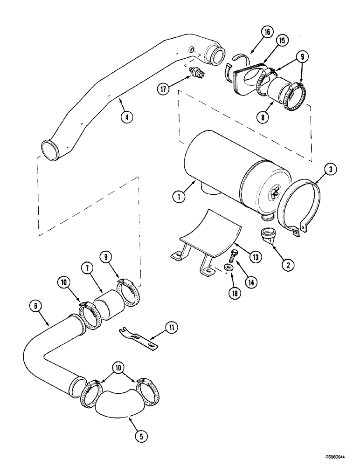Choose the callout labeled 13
point(255,256)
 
